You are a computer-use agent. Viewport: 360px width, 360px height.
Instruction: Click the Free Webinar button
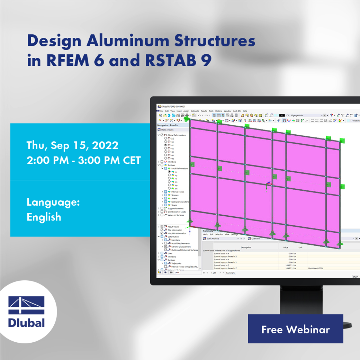(x=295, y=329)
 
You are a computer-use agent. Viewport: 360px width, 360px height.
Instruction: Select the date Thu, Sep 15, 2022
(x=72, y=145)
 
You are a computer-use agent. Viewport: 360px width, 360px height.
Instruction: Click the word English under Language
(x=44, y=217)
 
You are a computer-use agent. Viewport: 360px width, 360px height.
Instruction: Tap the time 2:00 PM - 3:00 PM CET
(x=83, y=161)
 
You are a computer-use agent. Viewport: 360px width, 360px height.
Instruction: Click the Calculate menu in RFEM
(x=195, y=111)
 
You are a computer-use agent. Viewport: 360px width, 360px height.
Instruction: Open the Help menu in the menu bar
(x=245, y=111)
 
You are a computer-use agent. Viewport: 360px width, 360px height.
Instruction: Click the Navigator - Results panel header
(x=168, y=125)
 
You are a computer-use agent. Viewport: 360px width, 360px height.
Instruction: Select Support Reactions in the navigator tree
(x=175, y=208)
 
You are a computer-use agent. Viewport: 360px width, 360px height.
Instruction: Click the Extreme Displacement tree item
(x=181, y=247)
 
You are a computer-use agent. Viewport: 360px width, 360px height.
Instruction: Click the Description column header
(x=246, y=247)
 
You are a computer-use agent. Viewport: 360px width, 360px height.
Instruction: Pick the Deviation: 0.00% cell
(x=315, y=268)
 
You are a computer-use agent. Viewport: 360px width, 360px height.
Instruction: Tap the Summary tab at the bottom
(x=231, y=273)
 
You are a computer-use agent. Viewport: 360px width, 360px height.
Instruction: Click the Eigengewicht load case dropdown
(x=306, y=115)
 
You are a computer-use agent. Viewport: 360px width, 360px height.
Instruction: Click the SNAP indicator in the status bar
(x=355, y=277)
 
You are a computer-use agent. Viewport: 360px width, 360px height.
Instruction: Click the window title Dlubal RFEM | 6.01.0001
(x=172, y=107)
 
